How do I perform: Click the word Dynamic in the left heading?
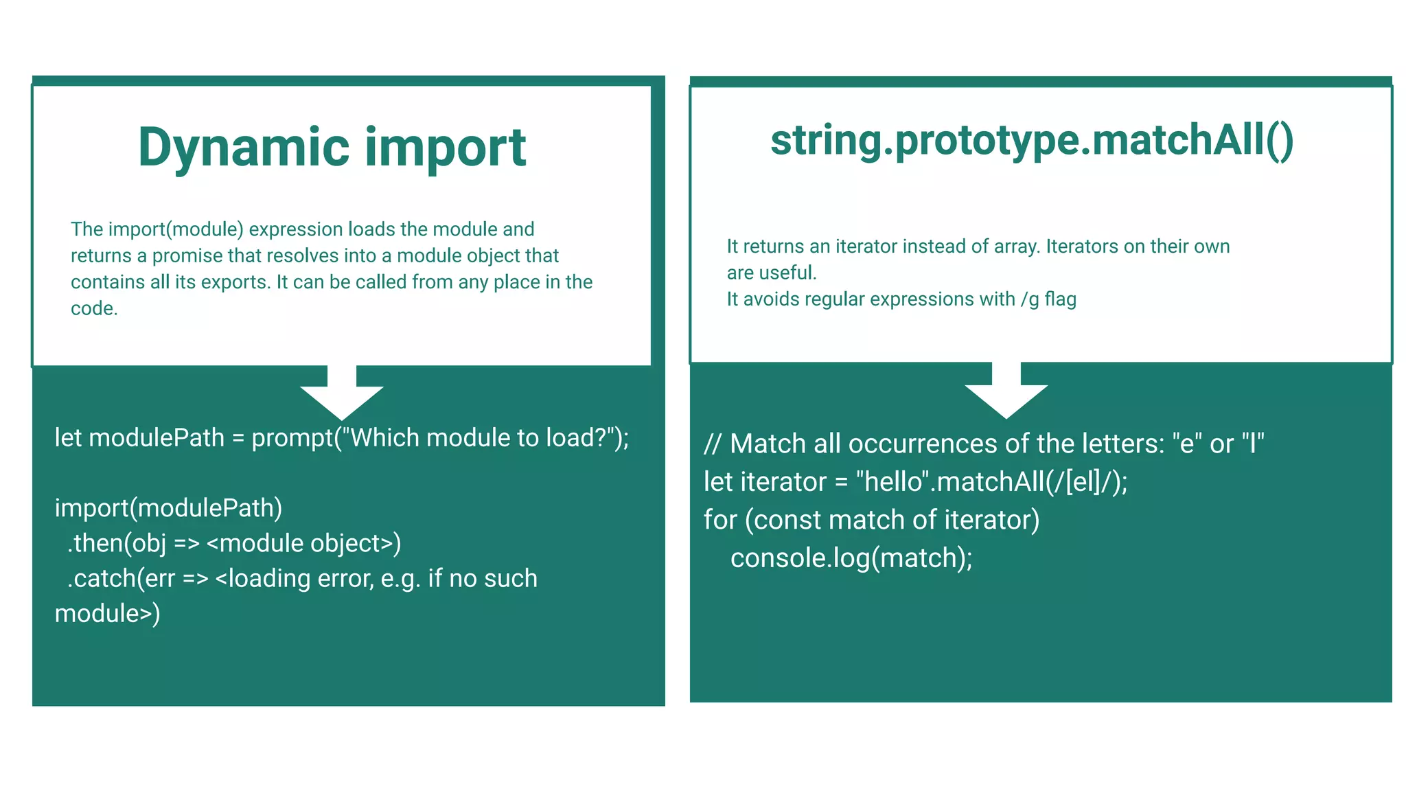coord(244,148)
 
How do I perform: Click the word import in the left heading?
coord(445,148)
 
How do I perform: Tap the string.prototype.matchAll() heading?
coord(1031,140)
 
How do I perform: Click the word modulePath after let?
coord(157,438)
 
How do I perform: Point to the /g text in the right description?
coord(1030,300)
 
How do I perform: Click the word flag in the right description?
coord(1060,299)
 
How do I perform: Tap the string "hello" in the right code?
coord(893,482)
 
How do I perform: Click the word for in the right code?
coord(719,520)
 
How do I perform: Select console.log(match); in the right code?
coord(851,558)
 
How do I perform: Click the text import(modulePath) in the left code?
coord(168,508)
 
